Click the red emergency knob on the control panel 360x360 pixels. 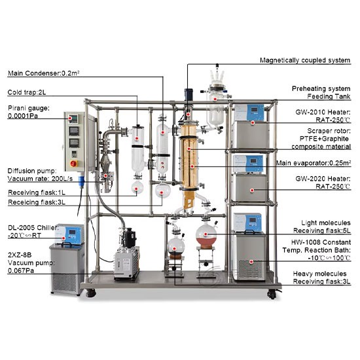click(x=74, y=164)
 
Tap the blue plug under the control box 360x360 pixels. click(x=81, y=180)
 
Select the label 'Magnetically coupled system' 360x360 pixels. click(x=305, y=60)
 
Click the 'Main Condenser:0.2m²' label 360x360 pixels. click(x=44, y=73)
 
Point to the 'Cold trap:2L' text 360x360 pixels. click(x=27, y=92)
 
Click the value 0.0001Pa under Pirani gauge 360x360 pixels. click(x=23, y=116)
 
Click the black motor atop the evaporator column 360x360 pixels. click(x=189, y=94)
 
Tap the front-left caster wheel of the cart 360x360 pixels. click(x=90, y=293)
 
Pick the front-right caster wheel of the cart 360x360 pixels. click(x=272, y=294)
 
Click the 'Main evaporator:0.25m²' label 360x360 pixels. click(x=314, y=163)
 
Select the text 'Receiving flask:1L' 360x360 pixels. click(x=37, y=192)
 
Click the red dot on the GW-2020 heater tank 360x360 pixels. click(x=252, y=190)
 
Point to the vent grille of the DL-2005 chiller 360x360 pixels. click(x=64, y=281)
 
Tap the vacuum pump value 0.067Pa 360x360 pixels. click(x=21, y=271)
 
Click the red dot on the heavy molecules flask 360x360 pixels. click(x=175, y=249)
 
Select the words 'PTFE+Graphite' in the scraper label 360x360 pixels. click(x=324, y=139)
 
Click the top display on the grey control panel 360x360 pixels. click(x=74, y=119)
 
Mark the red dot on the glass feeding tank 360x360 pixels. click(x=215, y=99)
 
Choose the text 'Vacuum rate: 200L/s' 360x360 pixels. click(x=40, y=179)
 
